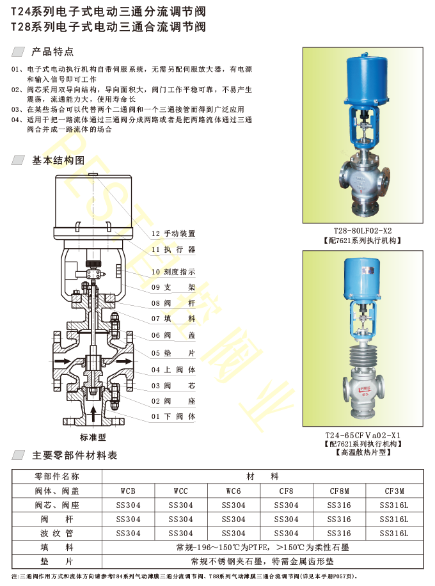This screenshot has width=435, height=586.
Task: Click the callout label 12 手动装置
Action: pos(173,234)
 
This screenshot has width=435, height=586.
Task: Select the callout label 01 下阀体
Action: pos(173,416)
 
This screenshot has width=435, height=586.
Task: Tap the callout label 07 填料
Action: pos(173,319)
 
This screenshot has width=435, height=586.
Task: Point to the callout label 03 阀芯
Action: pos(173,386)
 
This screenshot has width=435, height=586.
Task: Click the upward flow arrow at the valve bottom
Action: pos(93,415)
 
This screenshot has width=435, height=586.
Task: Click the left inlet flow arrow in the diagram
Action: pos(63,361)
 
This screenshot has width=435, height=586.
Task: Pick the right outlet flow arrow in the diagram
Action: pos(123,361)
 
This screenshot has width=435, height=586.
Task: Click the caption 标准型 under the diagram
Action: pos(93,437)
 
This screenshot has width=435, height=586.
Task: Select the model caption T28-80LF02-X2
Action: pos(363,230)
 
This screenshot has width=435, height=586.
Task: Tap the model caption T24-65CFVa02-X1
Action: pos(363,435)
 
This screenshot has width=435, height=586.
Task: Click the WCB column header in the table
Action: pos(128,491)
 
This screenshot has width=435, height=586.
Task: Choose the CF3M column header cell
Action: pos(394,491)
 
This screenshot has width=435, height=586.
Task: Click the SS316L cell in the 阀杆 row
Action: pos(394,519)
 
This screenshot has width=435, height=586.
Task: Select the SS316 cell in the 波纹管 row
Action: pos(339,534)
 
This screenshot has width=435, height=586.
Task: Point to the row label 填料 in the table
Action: pos(57,548)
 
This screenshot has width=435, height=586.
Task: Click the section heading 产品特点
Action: pos(52,52)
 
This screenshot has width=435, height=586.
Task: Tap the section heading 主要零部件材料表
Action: pos(75,455)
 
